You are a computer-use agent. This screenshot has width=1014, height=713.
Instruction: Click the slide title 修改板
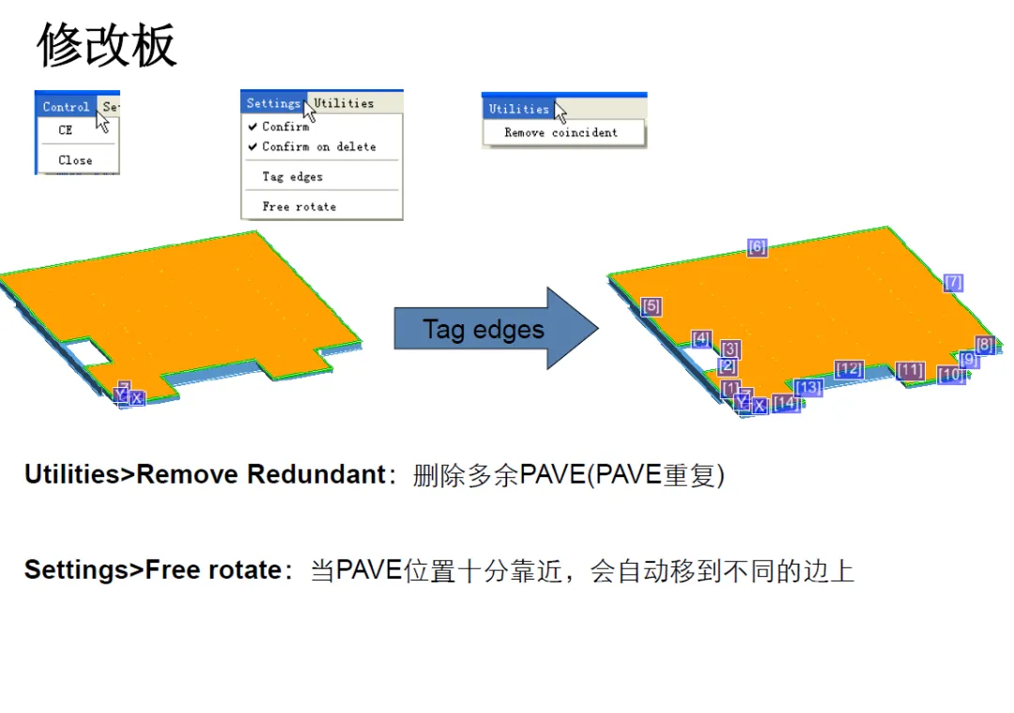107,46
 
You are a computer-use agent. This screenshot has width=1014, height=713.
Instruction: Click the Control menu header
66,107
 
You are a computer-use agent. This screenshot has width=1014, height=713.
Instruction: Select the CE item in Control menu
65,131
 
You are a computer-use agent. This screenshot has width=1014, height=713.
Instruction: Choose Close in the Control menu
75,161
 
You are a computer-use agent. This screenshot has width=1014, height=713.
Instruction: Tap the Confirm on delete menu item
318,147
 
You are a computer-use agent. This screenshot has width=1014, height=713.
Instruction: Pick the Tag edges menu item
292,177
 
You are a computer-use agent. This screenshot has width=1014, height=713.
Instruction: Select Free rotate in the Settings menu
299,207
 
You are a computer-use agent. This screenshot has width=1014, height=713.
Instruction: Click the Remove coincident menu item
561,133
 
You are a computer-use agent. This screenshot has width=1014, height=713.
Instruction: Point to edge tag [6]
757,247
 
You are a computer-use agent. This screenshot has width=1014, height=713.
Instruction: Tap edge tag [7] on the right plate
953,283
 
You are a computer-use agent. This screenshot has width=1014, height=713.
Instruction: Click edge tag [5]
651,306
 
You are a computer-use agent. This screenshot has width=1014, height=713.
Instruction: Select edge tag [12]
849,369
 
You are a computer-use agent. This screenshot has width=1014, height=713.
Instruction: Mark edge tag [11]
909,370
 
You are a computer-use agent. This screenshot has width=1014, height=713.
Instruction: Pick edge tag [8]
984,345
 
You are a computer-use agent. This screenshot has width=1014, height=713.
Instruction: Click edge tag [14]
786,404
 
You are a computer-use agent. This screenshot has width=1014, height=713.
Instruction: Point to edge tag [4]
701,339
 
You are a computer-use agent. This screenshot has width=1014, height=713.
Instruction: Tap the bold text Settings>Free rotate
152,570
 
